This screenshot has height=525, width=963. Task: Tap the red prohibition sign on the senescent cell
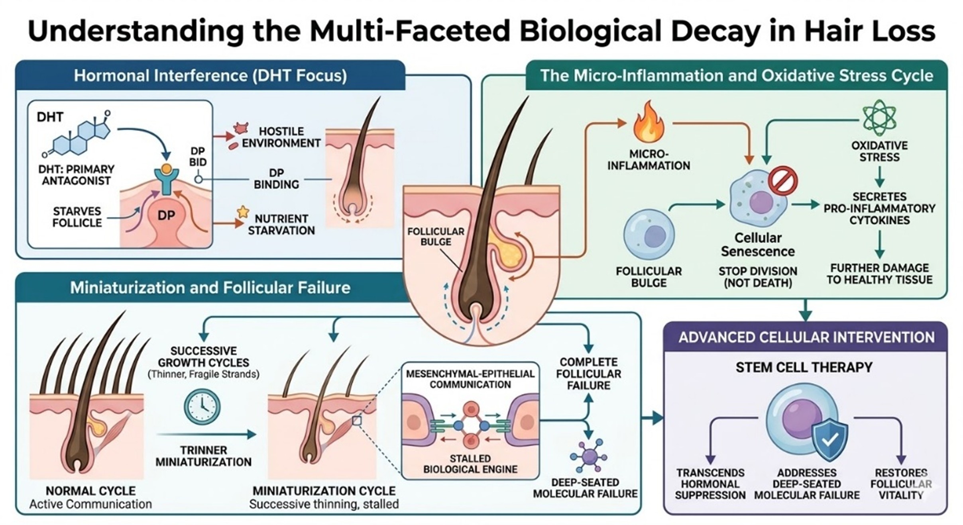[783, 180]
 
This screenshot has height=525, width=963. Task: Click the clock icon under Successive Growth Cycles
[202, 407]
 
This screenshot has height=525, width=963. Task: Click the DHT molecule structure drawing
[80, 137]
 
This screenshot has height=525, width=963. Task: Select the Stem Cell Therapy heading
[804, 367]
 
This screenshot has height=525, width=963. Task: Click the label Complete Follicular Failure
[588, 374]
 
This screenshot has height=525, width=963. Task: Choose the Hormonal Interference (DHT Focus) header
[210, 76]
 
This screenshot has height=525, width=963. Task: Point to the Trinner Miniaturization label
[203, 456]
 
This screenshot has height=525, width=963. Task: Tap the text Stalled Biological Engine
[470, 464]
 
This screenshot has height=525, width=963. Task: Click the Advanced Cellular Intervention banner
[806, 337]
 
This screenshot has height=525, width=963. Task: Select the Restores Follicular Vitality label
[901, 484]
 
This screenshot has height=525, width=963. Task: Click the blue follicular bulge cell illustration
[649, 235]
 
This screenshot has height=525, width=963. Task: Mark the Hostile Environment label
[281, 137]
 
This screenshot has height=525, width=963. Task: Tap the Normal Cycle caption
[90, 491]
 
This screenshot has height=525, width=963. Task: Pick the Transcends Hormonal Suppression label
[710, 484]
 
